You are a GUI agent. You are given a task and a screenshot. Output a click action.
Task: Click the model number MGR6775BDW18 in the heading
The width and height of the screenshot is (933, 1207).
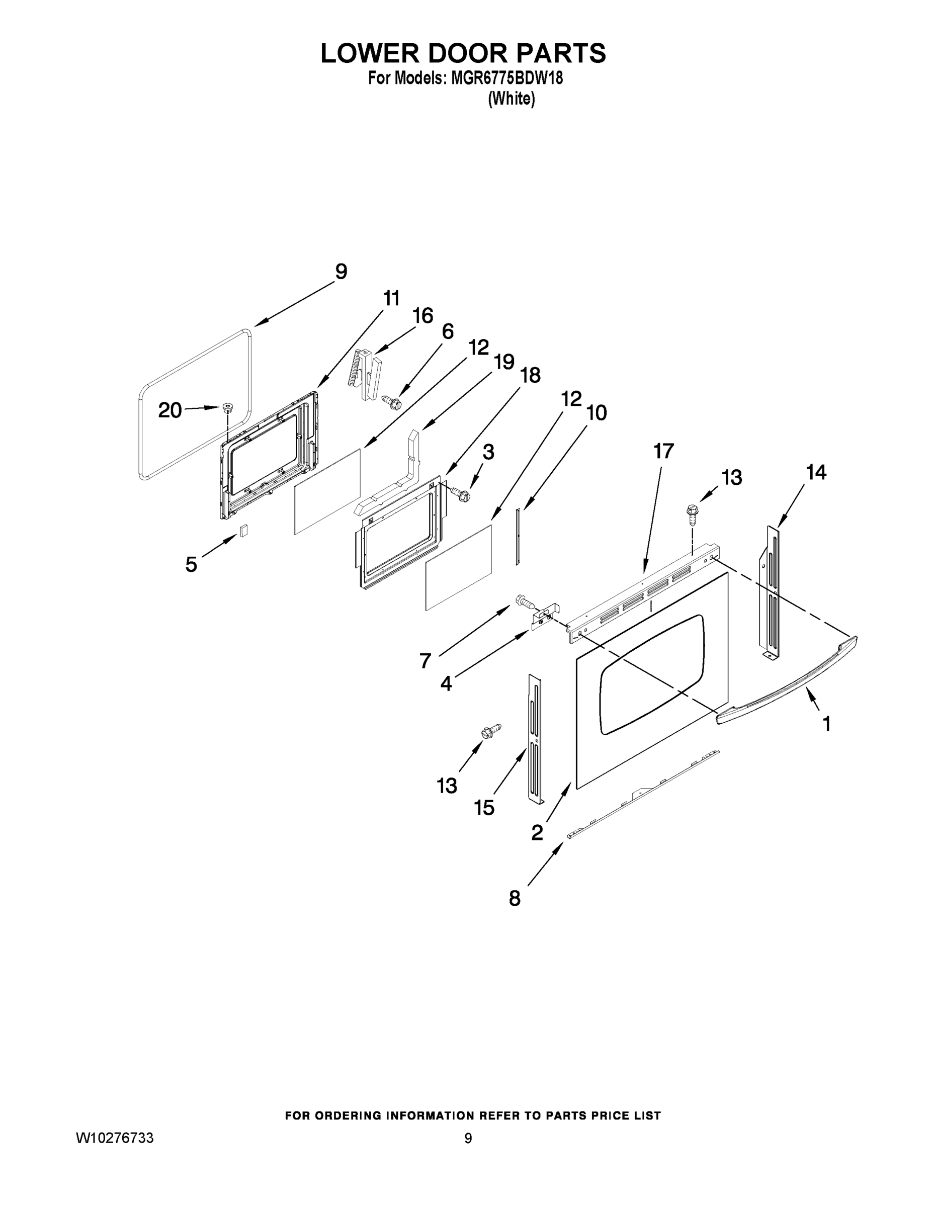pyautogui.click(x=506, y=78)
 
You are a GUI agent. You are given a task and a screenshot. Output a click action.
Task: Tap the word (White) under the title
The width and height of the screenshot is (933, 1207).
pyautogui.click(x=512, y=99)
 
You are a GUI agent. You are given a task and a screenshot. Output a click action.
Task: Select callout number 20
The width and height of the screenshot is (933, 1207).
pyautogui.click(x=169, y=410)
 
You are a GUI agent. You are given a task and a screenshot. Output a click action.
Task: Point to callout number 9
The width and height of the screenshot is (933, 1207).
pyautogui.click(x=341, y=272)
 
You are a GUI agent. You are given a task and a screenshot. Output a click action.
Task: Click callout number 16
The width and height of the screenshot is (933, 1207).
pyautogui.click(x=423, y=316)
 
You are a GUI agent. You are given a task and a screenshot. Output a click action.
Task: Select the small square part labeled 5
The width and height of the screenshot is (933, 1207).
pyautogui.click(x=243, y=530)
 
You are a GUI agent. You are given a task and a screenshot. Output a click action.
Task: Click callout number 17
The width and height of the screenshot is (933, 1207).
pyautogui.click(x=664, y=451)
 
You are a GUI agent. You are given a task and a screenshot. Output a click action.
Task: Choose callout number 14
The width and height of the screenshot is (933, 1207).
pyautogui.click(x=816, y=473)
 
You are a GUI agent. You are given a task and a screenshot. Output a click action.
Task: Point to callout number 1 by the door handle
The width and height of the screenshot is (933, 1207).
pyautogui.click(x=826, y=723)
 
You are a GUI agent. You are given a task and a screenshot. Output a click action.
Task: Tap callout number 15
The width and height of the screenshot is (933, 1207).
pyautogui.click(x=484, y=808)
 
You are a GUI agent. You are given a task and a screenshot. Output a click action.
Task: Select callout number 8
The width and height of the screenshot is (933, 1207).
pyautogui.click(x=515, y=899)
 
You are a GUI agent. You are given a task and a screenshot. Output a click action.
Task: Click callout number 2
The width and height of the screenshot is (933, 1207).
pyautogui.click(x=537, y=832)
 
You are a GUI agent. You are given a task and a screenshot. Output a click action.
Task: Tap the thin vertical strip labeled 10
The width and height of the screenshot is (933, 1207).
pyautogui.click(x=518, y=536)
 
